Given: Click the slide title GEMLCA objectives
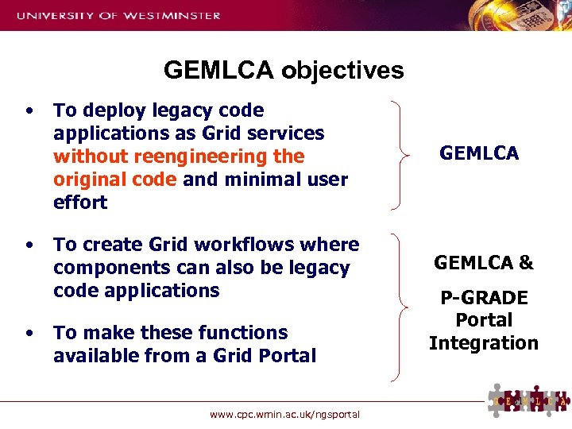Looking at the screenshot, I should coord(284,71).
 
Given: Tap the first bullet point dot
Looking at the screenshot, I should coord(29,110).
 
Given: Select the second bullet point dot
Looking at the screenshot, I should coord(29,245).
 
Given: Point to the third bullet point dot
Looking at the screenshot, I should coord(29,333).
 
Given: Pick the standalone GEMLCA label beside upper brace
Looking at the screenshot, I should coord(479,154).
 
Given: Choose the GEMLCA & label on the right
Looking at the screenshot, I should coord(483,263).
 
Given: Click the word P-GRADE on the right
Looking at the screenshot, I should coord(484,298).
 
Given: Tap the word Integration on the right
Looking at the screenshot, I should coord(484,343).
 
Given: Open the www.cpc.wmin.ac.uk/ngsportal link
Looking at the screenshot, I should coord(284,414).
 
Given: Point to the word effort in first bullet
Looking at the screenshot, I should coord(80,203).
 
